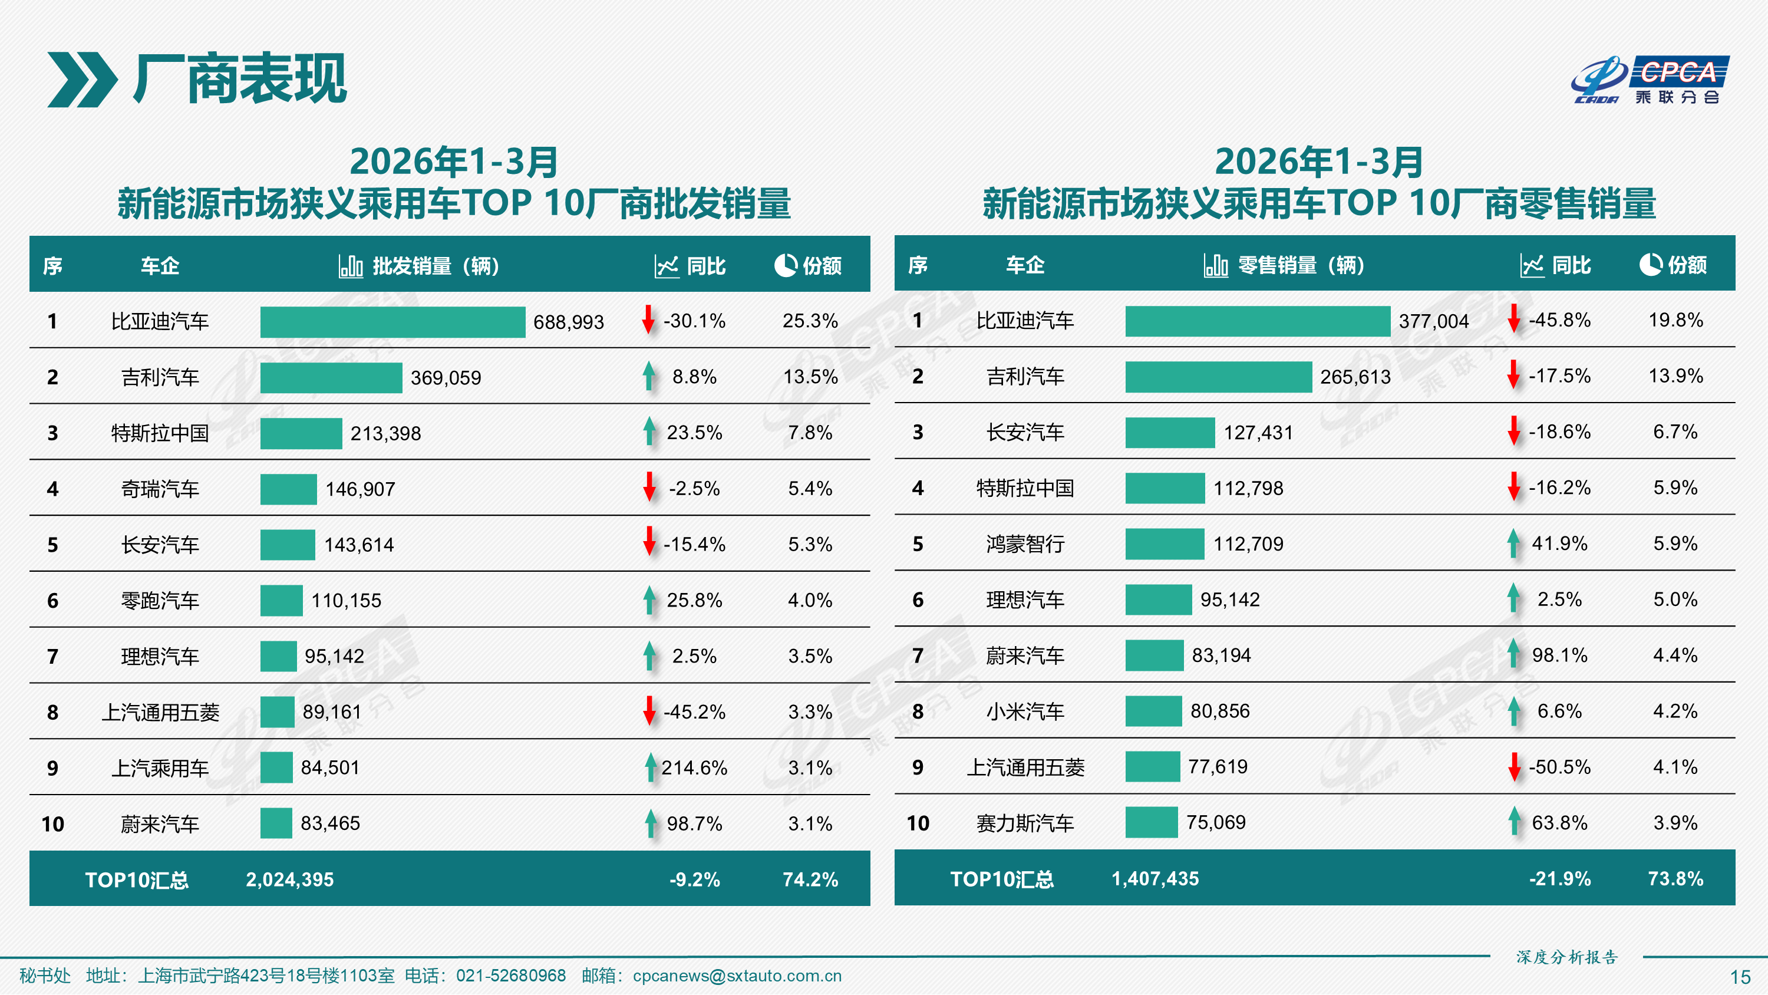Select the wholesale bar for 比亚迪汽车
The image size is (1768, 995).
[x=392, y=321]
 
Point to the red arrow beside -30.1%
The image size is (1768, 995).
[x=648, y=320]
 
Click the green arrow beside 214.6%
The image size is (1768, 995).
[x=650, y=767]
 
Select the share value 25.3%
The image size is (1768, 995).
[x=810, y=321]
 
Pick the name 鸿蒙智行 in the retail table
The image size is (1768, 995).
[x=1025, y=544]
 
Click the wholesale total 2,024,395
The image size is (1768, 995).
[x=289, y=879]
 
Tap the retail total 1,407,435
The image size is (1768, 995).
[x=1155, y=878]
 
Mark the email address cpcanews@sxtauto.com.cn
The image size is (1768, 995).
[x=737, y=975]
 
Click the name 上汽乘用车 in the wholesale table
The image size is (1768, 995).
[x=160, y=767]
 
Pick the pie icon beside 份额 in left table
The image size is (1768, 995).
[x=785, y=265]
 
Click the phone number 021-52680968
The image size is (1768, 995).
[x=510, y=975]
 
